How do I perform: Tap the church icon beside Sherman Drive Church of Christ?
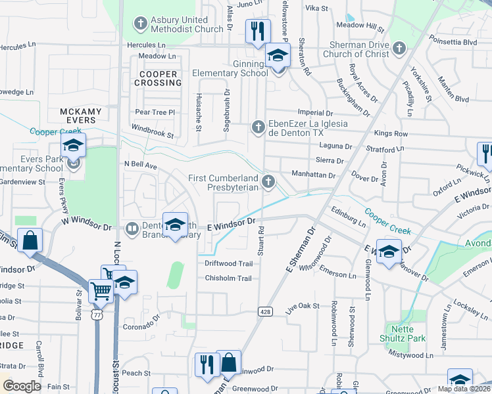click(400, 47)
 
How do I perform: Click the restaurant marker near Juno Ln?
click(257, 31)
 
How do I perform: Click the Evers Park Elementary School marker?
click(74, 146)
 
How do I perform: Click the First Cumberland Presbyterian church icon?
click(268, 181)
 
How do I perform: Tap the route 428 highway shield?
click(265, 311)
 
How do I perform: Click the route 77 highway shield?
click(97, 315)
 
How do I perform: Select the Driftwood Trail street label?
click(228, 263)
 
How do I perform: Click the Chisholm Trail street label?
click(228, 278)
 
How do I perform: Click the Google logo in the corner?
click(22, 385)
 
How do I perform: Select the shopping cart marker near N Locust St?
click(100, 290)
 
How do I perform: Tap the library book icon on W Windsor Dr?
click(131, 229)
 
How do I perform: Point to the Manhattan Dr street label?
click(313, 176)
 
